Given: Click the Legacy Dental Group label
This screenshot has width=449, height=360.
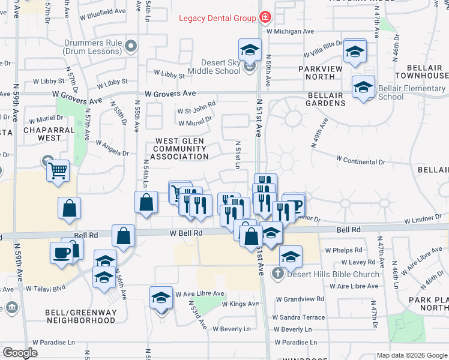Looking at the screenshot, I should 217,18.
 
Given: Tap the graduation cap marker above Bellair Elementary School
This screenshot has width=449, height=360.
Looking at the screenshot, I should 363,88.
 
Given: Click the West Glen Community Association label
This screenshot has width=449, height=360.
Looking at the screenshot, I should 182,149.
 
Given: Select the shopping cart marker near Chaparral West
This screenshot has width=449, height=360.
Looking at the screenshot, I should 58,171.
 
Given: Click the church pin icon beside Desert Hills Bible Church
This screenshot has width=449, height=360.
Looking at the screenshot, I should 277,275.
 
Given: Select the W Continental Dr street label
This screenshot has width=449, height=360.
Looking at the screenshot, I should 360,161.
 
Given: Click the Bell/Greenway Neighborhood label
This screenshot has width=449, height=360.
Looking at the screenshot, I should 80,316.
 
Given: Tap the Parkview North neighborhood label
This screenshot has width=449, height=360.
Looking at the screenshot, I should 325,73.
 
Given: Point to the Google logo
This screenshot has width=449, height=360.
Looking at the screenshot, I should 20,353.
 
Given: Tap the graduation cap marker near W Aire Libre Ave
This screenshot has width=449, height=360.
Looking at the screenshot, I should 161,298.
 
